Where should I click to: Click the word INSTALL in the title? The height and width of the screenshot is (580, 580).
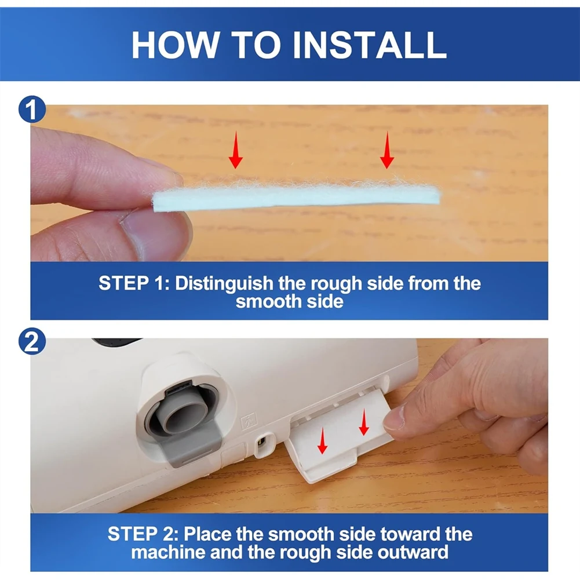[x=369, y=45]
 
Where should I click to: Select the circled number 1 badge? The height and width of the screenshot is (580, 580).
[x=32, y=109]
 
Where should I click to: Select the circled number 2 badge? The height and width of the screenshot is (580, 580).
[x=32, y=341]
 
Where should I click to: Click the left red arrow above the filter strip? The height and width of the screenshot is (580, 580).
[x=236, y=151]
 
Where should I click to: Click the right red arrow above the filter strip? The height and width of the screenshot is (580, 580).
[x=387, y=150]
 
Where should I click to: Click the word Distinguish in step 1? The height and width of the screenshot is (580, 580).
[x=224, y=284]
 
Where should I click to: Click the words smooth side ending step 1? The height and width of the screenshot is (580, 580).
[x=290, y=301]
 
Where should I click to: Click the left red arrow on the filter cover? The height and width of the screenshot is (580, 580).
[x=323, y=440]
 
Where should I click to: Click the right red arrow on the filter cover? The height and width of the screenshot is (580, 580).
[x=364, y=422]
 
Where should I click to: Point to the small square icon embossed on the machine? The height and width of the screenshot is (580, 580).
[x=249, y=421]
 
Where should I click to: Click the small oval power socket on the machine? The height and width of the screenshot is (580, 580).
[x=262, y=441]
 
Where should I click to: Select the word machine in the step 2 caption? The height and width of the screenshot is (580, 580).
[x=167, y=552]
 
